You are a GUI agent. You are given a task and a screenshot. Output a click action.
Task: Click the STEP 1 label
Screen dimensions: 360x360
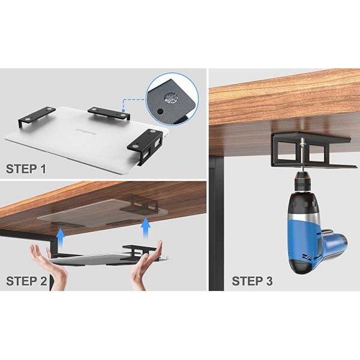[26, 169]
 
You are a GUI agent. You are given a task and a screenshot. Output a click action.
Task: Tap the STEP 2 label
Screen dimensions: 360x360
[26, 281]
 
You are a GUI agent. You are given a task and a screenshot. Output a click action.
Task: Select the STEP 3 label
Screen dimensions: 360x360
[253, 281]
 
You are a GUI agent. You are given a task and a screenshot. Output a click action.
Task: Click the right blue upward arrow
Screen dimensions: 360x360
[146, 228]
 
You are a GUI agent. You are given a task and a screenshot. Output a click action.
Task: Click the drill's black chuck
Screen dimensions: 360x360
[302, 182]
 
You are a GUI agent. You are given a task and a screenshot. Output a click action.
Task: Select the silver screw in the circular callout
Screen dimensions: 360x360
[170, 98]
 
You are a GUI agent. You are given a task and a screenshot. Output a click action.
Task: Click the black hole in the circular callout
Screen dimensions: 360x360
[160, 112]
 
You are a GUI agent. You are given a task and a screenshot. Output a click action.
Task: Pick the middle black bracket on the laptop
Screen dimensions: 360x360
[109, 113]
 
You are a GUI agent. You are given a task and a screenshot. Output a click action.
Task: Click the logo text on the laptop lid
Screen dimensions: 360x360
[86, 132]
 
